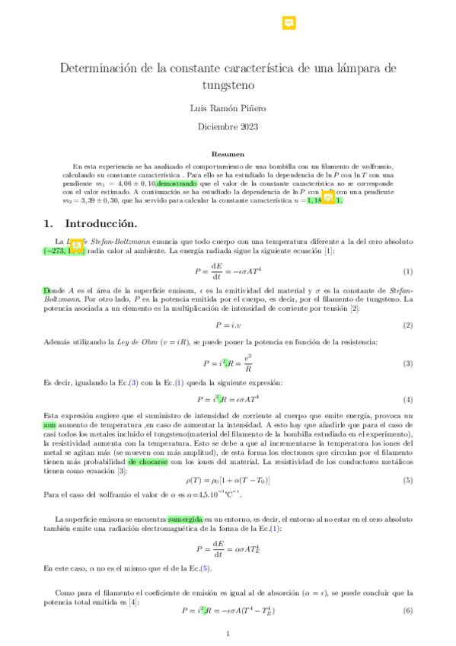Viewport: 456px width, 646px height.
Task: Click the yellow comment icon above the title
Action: [289, 24]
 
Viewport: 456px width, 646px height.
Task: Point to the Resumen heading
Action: [228, 153]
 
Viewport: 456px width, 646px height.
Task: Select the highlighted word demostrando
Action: [177, 184]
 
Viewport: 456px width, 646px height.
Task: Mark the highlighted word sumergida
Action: [185, 519]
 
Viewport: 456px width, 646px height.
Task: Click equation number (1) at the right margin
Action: [407, 272]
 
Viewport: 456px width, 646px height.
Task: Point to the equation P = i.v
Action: [228, 325]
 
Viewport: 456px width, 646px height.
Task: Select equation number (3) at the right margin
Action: [407, 363]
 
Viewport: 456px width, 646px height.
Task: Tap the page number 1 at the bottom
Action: [228, 634]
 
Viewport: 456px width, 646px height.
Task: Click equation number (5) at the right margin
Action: [407, 481]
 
